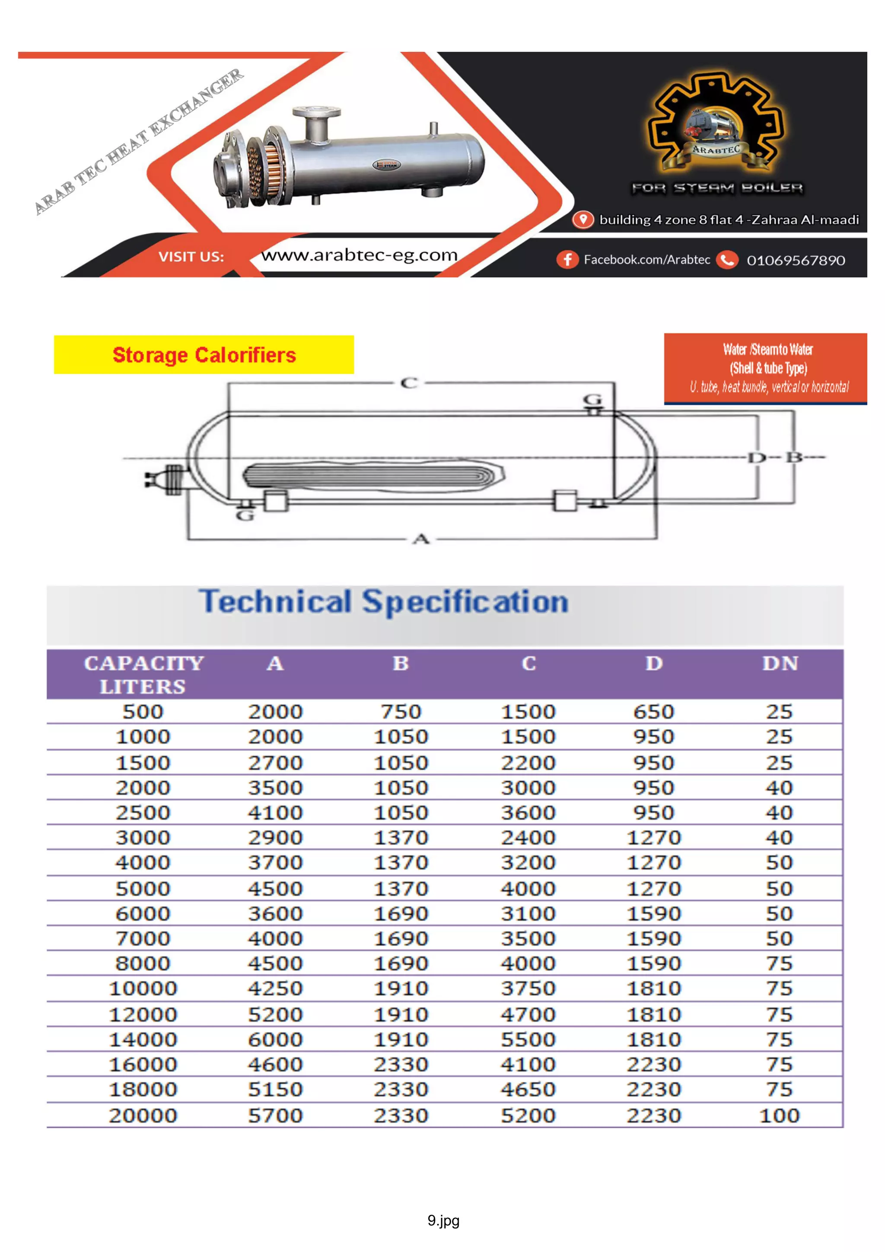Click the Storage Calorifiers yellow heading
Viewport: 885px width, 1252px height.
tap(204, 355)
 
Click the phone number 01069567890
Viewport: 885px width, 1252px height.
tap(796, 260)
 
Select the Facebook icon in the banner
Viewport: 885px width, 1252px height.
tap(567, 260)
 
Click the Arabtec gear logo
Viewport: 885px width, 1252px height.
tap(716, 124)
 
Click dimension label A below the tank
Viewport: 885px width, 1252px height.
tap(421, 539)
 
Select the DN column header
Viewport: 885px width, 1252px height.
tap(779, 663)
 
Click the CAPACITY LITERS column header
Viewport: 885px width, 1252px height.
tap(143, 674)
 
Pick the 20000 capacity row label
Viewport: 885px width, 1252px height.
tap(143, 1115)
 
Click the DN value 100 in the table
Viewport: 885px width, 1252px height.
tap(779, 1115)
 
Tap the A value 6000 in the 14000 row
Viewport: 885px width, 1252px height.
tap(275, 1039)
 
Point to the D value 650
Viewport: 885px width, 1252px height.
tap(653, 712)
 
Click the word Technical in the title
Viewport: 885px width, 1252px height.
tap(275, 601)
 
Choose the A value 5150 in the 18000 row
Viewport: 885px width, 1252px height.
tap(275, 1089)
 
